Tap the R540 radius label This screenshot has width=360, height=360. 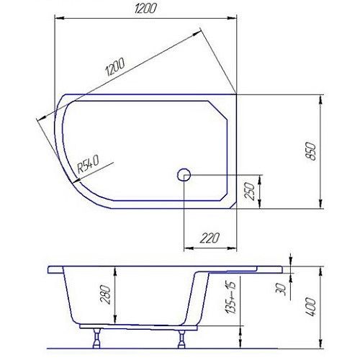87,165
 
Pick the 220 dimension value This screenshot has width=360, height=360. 210,238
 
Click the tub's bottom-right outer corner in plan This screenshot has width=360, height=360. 238,207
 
